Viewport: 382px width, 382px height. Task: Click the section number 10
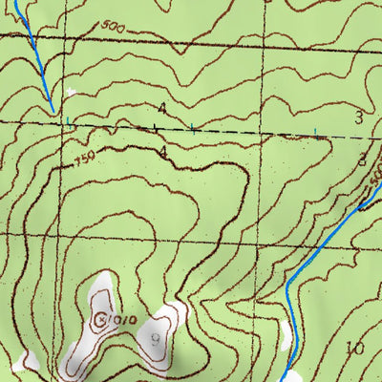point(356,349)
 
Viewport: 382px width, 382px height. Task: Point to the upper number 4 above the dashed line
point(162,110)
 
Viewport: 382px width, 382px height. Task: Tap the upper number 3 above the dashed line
point(359,117)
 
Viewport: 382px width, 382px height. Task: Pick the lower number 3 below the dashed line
point(362,160)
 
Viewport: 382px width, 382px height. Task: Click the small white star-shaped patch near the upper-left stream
point(71,93)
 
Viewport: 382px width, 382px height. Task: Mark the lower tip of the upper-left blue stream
point(53,113)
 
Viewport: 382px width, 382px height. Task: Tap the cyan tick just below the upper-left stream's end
point(68,120)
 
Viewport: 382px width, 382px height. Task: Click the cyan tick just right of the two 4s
point(192,127)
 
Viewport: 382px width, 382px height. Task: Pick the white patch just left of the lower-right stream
point(284,336)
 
